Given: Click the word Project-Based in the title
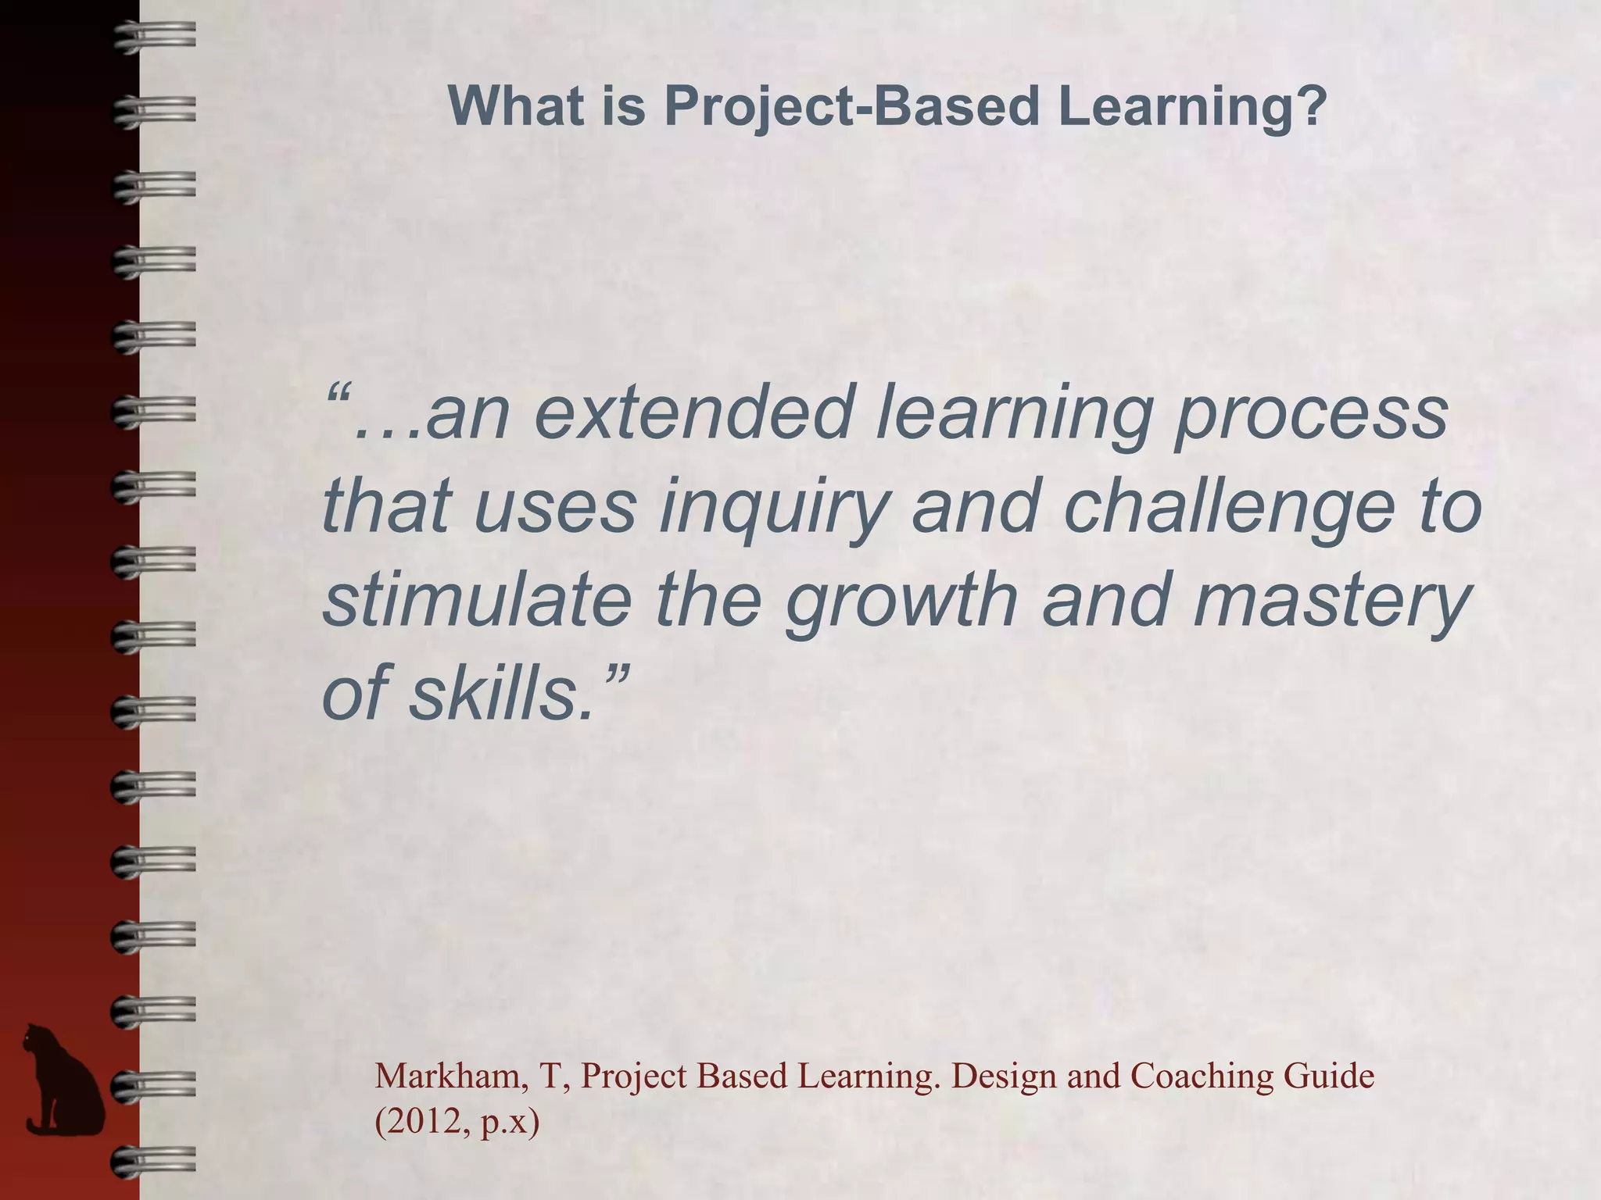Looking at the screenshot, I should coord(851,107).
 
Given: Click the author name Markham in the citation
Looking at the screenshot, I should coord(446,1076).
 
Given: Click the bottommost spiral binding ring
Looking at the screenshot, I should coord(153,1160).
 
